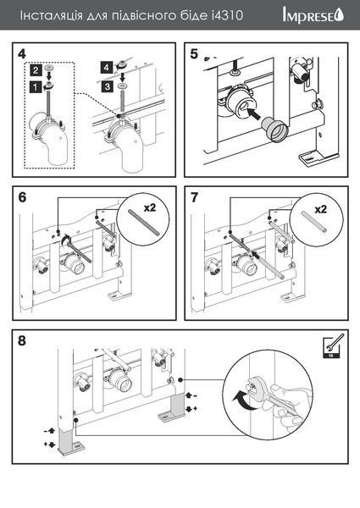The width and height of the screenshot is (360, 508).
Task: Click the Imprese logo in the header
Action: [x=313, y=16]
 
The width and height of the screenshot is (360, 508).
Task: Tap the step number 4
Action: [x=22, y=54]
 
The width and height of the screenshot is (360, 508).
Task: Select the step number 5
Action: [x=194, y=54]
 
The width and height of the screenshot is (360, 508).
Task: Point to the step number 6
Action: [x=22, y=197]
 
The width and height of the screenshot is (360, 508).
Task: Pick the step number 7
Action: [x=194, y=197]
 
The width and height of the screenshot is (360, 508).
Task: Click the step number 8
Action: [x=22, y=341]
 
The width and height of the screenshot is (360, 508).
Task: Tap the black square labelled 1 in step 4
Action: [x=36, y=87]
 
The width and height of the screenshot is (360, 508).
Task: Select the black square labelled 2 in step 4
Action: [x=36, y=69]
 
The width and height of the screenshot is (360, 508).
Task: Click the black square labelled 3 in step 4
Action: [x=107, y=86]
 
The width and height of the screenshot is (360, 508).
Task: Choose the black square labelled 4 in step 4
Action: [x=107, y=68]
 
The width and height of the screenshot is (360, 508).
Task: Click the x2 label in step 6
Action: [x=150, y=207]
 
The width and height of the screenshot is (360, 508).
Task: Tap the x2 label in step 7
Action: [x=321, y=209]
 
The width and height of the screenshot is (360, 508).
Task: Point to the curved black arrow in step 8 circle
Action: [x=241, y=400]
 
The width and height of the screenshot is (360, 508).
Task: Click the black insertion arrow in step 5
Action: [x=254, y=114]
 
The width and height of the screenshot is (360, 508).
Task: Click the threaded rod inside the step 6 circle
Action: [x=142, y=222]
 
